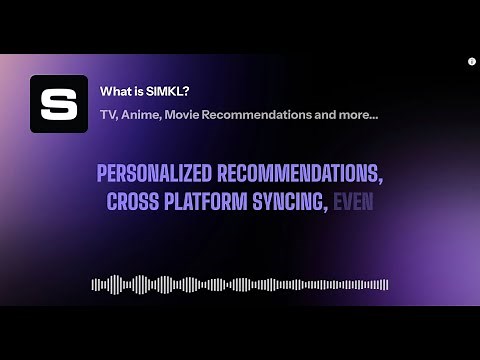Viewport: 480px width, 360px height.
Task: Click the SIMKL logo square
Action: tap(59, 104)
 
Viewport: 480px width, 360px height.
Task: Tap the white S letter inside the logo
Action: tap(59, 104)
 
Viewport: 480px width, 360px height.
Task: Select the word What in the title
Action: tap(112, 91)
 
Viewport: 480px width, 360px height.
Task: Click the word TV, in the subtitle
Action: tap(107, 115)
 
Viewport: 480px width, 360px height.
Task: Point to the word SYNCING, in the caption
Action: tap(290, 201)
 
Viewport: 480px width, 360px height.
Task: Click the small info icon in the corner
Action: tap(471, 62)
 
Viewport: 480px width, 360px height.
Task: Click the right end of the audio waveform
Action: tap(386, 284)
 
